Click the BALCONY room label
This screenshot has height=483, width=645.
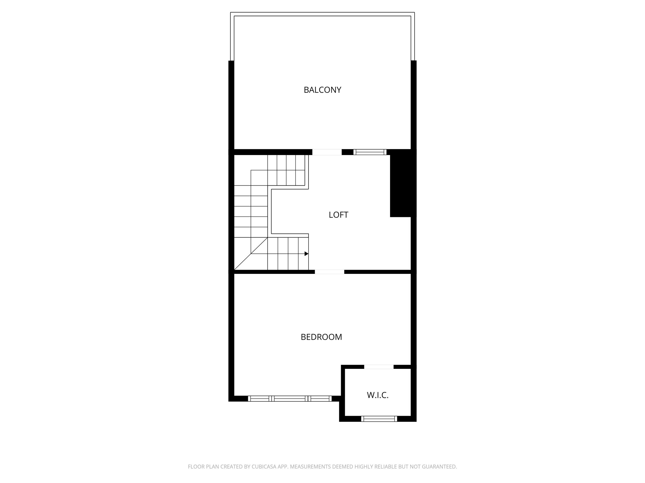point(322,90)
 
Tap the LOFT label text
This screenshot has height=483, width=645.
point(338,215)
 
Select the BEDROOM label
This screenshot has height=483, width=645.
point(321,337)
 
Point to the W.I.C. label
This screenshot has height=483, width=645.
point(378,395)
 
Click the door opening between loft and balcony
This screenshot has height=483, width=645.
point(327,152)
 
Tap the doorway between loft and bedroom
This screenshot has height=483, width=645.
point(329,272)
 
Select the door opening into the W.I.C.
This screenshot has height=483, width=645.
point(379,367)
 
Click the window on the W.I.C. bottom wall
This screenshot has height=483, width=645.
point(379,419)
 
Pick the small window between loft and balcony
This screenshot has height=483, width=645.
point(370,152)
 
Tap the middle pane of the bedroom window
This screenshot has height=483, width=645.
point(289,399)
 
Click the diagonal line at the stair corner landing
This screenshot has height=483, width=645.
point(251,254)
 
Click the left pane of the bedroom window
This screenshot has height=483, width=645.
point(260,399)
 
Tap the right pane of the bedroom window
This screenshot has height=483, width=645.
point(320,399)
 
